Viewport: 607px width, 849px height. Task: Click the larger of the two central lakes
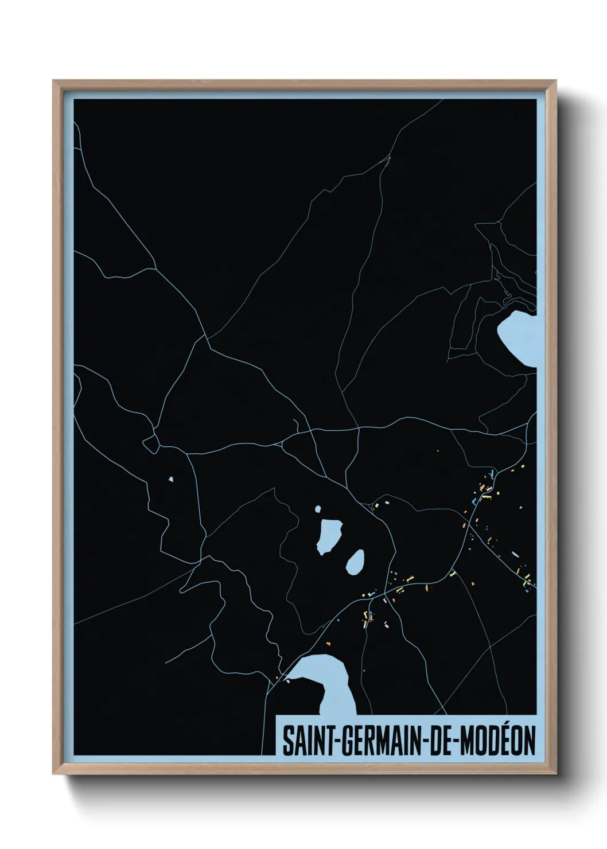coord(329,535)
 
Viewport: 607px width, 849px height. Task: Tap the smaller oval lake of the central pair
coord(356,561)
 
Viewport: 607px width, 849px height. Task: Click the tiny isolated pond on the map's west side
coord(170,479)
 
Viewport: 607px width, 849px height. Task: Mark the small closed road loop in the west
coord(151,443)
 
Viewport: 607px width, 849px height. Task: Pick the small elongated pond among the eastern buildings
coord(515,555)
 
